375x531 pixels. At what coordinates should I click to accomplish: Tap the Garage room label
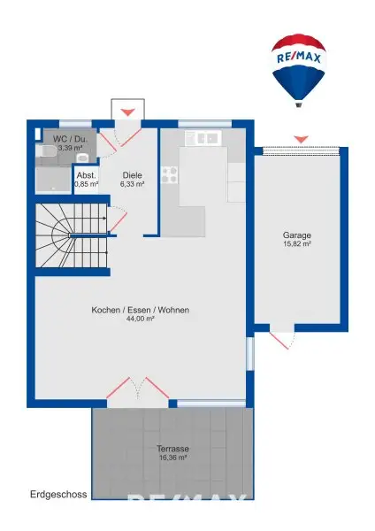[296, 235]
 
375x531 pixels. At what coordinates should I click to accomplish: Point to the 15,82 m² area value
[296, 245]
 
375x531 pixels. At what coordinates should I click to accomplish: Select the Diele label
[132, 175]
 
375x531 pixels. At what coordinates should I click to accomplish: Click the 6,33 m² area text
[132, 185]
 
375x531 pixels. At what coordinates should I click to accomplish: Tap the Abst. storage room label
[86, 175]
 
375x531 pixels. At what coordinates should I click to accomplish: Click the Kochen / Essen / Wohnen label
[140, 311]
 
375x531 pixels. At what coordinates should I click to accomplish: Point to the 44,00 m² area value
[140, 319]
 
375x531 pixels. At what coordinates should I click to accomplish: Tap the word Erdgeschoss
[58, 495]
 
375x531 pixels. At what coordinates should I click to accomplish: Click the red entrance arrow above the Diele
[128, 111]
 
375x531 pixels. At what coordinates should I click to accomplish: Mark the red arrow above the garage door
[301, 139]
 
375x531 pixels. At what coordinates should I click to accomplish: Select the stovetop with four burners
[169, 173]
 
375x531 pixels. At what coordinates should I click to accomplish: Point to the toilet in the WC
[82, 158]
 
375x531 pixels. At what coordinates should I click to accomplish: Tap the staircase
[71, 235]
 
